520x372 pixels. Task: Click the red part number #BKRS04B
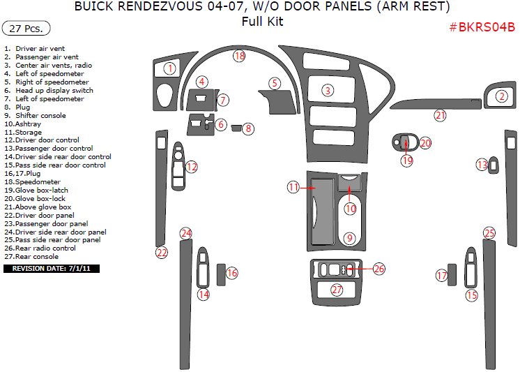pyautogui.click(x=482, y=27)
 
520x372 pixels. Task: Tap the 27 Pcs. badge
pyautogui.click(x=26, y=28)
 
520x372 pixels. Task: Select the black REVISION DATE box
pyautogui.click(x=52, y=269)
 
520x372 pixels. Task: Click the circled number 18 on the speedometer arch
pyautogui.click(x=239, y=56)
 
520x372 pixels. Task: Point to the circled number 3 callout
pyautogui.click(x=328, y=90)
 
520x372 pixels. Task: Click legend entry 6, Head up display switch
pyautogui.click(x=49, y=90)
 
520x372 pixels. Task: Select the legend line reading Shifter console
pyautogui.click(x=35, y=116)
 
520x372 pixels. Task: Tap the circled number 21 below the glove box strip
pyautogui.click(x=440, y=116)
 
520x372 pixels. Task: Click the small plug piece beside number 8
pyautogui.click(x=236, y=128)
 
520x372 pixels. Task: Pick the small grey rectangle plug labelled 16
pyautogui.click(x=221, y=275)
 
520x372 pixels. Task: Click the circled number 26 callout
pyautogui.click(x=378, y=269)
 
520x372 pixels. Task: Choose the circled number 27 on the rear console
pyautogui.click(x=337, y=290)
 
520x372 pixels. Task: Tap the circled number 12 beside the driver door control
pyautogui.click(x=192, y=167)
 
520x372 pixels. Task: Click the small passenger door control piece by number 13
pyautogui.click(x=494, y=165)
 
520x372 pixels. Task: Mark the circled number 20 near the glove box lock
pyautogui.click(x=425, y=143)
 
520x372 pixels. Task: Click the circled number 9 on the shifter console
pyautogui.click(x=349, y=238)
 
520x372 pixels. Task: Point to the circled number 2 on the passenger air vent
pyautogui.click(x=502, y=96)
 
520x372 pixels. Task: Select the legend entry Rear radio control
pyautogui.click(x=40, y=248)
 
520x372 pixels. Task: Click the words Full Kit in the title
pyautogui.click(x=262, y=22)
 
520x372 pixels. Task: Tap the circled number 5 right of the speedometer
pyautogui.click(x=275, y=83)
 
